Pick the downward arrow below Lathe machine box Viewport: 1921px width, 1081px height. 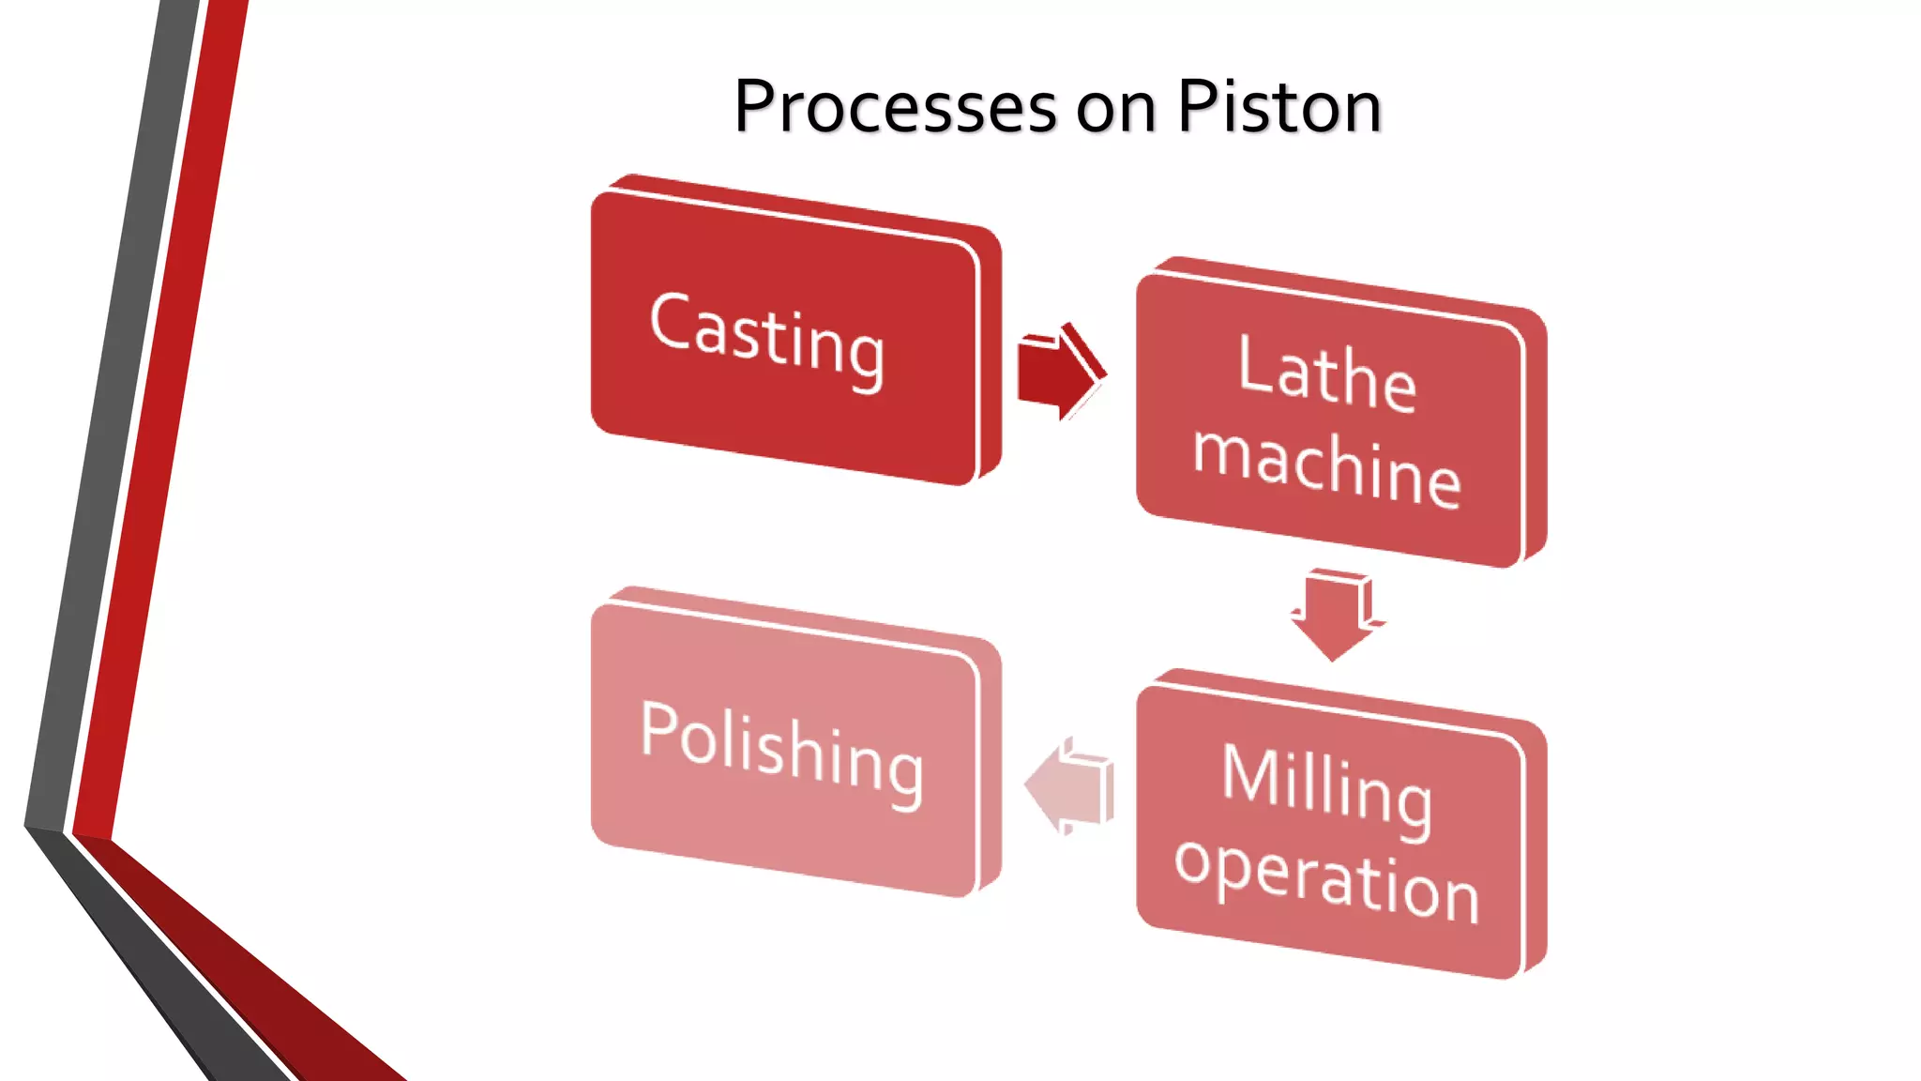coord(1335,615)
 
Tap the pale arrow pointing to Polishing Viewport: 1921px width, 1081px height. coord(1069,786)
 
